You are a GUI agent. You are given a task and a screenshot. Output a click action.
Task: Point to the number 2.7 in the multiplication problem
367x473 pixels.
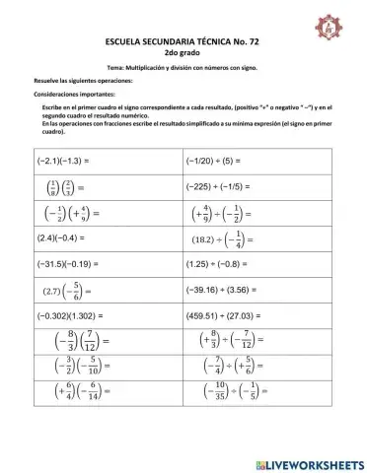(x=53, y=292)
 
